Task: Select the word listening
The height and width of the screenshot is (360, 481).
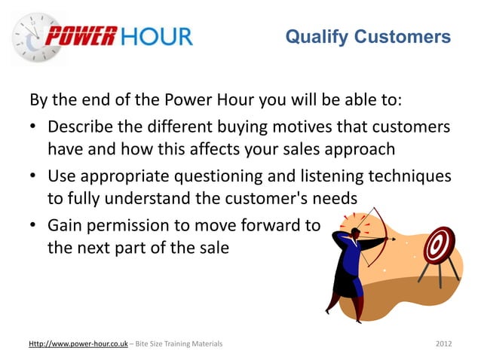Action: tap(332, 175)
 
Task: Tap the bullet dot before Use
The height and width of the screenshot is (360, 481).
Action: tap(35, 176)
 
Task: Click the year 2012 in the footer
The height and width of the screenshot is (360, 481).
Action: tap(444, 343)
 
